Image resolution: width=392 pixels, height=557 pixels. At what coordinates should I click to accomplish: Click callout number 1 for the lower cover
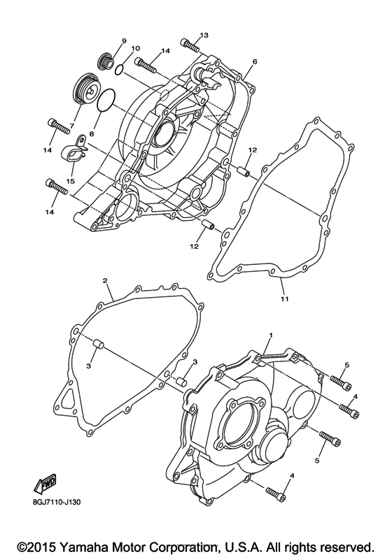pyautogui.click(x=269, y=336)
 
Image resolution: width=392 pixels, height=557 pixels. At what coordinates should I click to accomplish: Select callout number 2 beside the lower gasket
pyautogui.click(x=104, y=281)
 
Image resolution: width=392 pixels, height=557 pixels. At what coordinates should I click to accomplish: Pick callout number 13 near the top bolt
pyautogui.click(x=204, y=35)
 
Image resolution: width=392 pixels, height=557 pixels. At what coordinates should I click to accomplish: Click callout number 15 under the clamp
pyautogui.click(x=70, y=181)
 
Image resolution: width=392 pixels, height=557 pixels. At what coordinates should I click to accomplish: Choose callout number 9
pyautogui.click(x=123, y=41)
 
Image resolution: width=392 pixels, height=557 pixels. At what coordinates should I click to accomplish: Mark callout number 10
pyautogui.click(x=135, y=48)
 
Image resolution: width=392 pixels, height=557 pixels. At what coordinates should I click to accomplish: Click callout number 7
pyautogui.click(x=71, y=126)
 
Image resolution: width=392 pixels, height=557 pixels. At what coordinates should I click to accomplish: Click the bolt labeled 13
pyautogui.click(x=188, y=45)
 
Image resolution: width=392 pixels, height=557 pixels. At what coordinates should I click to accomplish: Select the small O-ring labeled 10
pyautogui.click(x=120, y=68)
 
